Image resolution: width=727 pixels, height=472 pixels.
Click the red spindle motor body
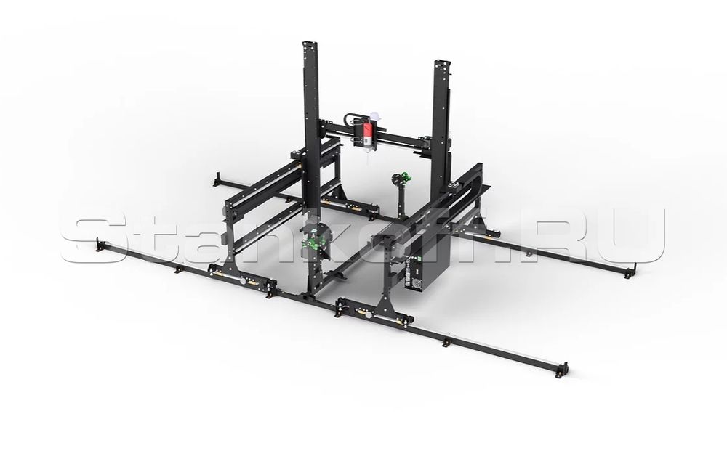coord(366,132)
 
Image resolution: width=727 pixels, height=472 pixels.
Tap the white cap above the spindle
coord(374,118)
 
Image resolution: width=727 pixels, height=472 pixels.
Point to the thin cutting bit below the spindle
coord(368,155)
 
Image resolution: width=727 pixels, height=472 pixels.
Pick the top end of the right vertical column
coord(443,64)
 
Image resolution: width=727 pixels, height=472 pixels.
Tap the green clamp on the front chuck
coord(309,242)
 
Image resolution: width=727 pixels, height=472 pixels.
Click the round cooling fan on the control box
coord(421,282)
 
